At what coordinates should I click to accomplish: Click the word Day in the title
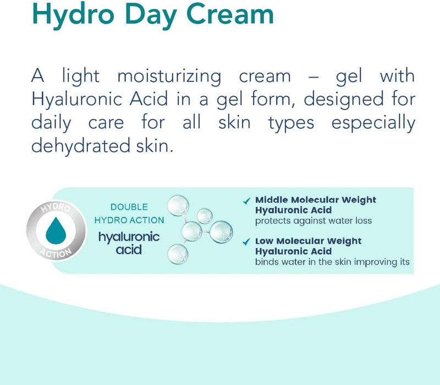148,15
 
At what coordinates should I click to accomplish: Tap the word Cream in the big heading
229,15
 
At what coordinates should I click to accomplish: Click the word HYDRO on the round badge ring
54,210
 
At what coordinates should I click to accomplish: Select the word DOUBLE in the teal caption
129,207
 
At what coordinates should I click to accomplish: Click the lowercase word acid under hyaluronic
129,250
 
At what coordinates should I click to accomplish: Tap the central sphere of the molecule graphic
192,231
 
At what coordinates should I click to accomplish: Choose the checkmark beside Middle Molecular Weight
246,201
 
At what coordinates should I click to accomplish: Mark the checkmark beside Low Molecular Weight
246,241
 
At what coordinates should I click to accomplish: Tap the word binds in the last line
267,262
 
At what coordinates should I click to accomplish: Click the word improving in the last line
375,262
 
